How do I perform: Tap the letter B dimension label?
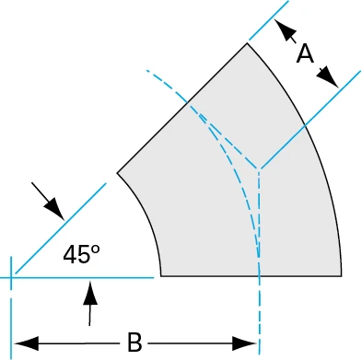click(x=134, y=343)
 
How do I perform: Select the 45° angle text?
click(x=81, y=255)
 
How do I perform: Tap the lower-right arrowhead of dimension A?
click(x=332, y=77)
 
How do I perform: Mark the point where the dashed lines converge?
click(x=259, y=169)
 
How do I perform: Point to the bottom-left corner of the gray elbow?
click(x=160, y=275)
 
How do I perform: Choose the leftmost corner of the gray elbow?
click(x=117, y=172)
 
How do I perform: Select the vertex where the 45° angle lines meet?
click(x=12, y=275)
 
